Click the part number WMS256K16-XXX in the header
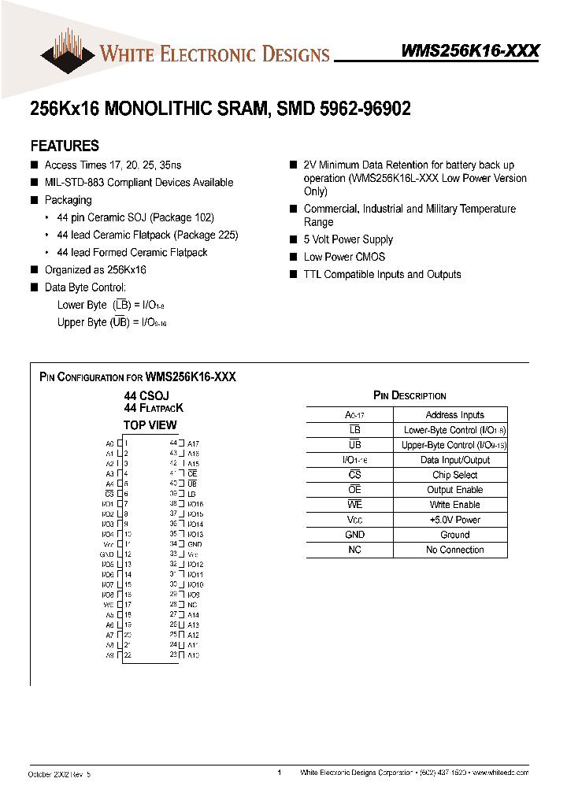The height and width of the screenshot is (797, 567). (470, 51)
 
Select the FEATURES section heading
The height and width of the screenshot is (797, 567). (65, 146)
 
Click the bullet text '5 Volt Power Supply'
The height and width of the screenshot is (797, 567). (348, 239)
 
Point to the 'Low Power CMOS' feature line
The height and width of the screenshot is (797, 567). (344, 257)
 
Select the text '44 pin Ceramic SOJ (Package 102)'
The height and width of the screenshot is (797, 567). (135, 217)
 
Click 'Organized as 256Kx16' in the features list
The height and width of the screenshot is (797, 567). (95, 270)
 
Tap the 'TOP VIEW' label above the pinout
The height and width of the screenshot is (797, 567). (150, 425)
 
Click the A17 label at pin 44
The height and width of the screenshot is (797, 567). (193, 444)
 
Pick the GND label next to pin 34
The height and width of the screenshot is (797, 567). (195, 544)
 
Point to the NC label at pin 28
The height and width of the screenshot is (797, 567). (192, 605)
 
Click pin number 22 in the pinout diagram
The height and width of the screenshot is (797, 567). (128, 654)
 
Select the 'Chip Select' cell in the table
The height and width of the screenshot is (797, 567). (454, 475)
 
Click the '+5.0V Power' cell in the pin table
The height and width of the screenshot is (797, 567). (454, 520)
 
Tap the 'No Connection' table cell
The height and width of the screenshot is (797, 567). (454, 550)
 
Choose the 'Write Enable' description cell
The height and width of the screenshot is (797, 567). (454, 505)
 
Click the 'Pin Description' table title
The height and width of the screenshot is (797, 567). (409, 395)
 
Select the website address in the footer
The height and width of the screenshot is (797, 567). (500, 773)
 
